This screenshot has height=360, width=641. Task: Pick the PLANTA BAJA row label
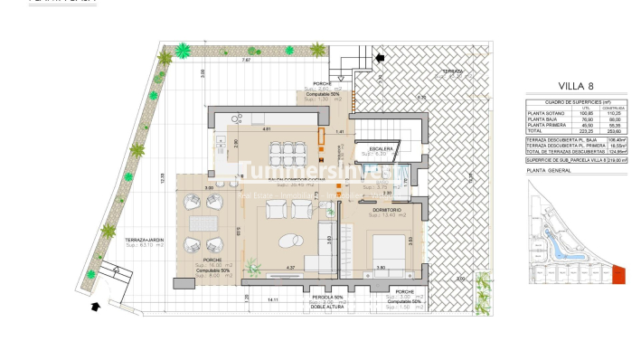[542, 119]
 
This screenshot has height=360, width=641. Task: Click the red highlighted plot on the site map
[618, 273]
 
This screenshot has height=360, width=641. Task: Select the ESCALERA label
[378, 147]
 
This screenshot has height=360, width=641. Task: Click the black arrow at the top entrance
[380, 58]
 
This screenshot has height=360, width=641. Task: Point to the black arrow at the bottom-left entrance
[97, 306]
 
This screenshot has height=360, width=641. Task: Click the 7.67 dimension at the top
[246, 61]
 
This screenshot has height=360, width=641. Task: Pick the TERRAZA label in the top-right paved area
[453, 71]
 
